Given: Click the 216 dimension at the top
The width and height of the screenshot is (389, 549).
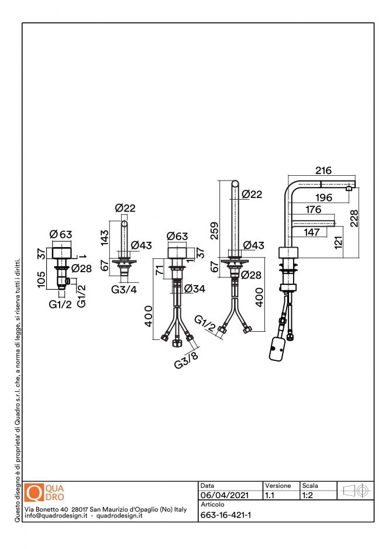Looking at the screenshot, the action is [x=323, y=171].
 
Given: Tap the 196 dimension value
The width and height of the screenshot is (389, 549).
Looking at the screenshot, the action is [x=323, y=197].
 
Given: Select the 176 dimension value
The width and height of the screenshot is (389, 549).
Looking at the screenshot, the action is [x=313, y=209].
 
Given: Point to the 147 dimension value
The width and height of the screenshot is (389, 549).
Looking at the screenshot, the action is [x=311, y=232].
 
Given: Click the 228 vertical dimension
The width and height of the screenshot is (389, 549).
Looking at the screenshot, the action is [x=354, y=218].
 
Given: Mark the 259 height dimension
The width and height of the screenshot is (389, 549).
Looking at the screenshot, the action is [x=214, y=231].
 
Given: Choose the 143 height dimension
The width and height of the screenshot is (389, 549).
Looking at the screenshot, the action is [x=104, y=237].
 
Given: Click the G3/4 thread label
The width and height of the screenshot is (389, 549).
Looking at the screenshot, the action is [x=124, y=290].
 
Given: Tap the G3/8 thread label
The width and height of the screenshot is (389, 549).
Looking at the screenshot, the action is [x=186, y=360].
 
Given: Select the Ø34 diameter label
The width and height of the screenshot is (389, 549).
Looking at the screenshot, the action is [x=195, y=289].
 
